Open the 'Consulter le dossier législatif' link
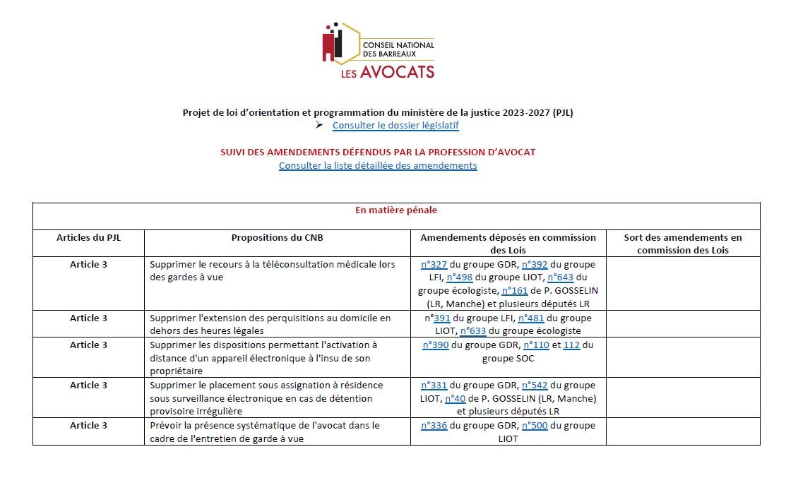click(x=395, y=126)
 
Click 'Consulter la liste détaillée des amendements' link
click(x=378, y=166)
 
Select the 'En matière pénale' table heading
click(x=396, y=210)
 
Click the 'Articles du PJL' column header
click(x=88, y=238)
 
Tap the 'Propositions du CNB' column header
click(x=277, y=238)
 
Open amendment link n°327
click(x=434, y=265)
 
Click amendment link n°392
click(x=535, y=265)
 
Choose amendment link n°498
click(x=459, y=277)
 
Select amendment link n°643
click(x=560, y=277)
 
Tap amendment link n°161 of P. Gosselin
click(x=514, y=291)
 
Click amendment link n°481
click(x=530, y=318)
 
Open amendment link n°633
click(x=472, y=331)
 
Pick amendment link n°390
click(x=436, y=345)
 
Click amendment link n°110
click(x=536, y=345)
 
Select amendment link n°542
click(x=535, y=386)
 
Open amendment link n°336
click(x=434, y=426)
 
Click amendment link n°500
click(x=535, y=426)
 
